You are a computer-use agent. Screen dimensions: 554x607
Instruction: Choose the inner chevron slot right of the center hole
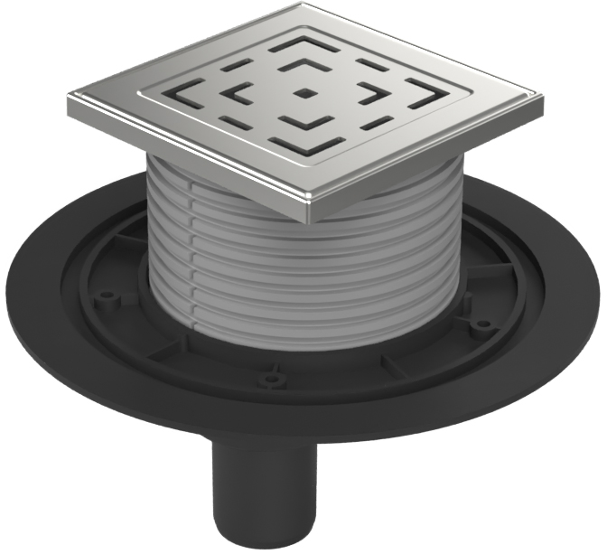click(371, 93)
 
